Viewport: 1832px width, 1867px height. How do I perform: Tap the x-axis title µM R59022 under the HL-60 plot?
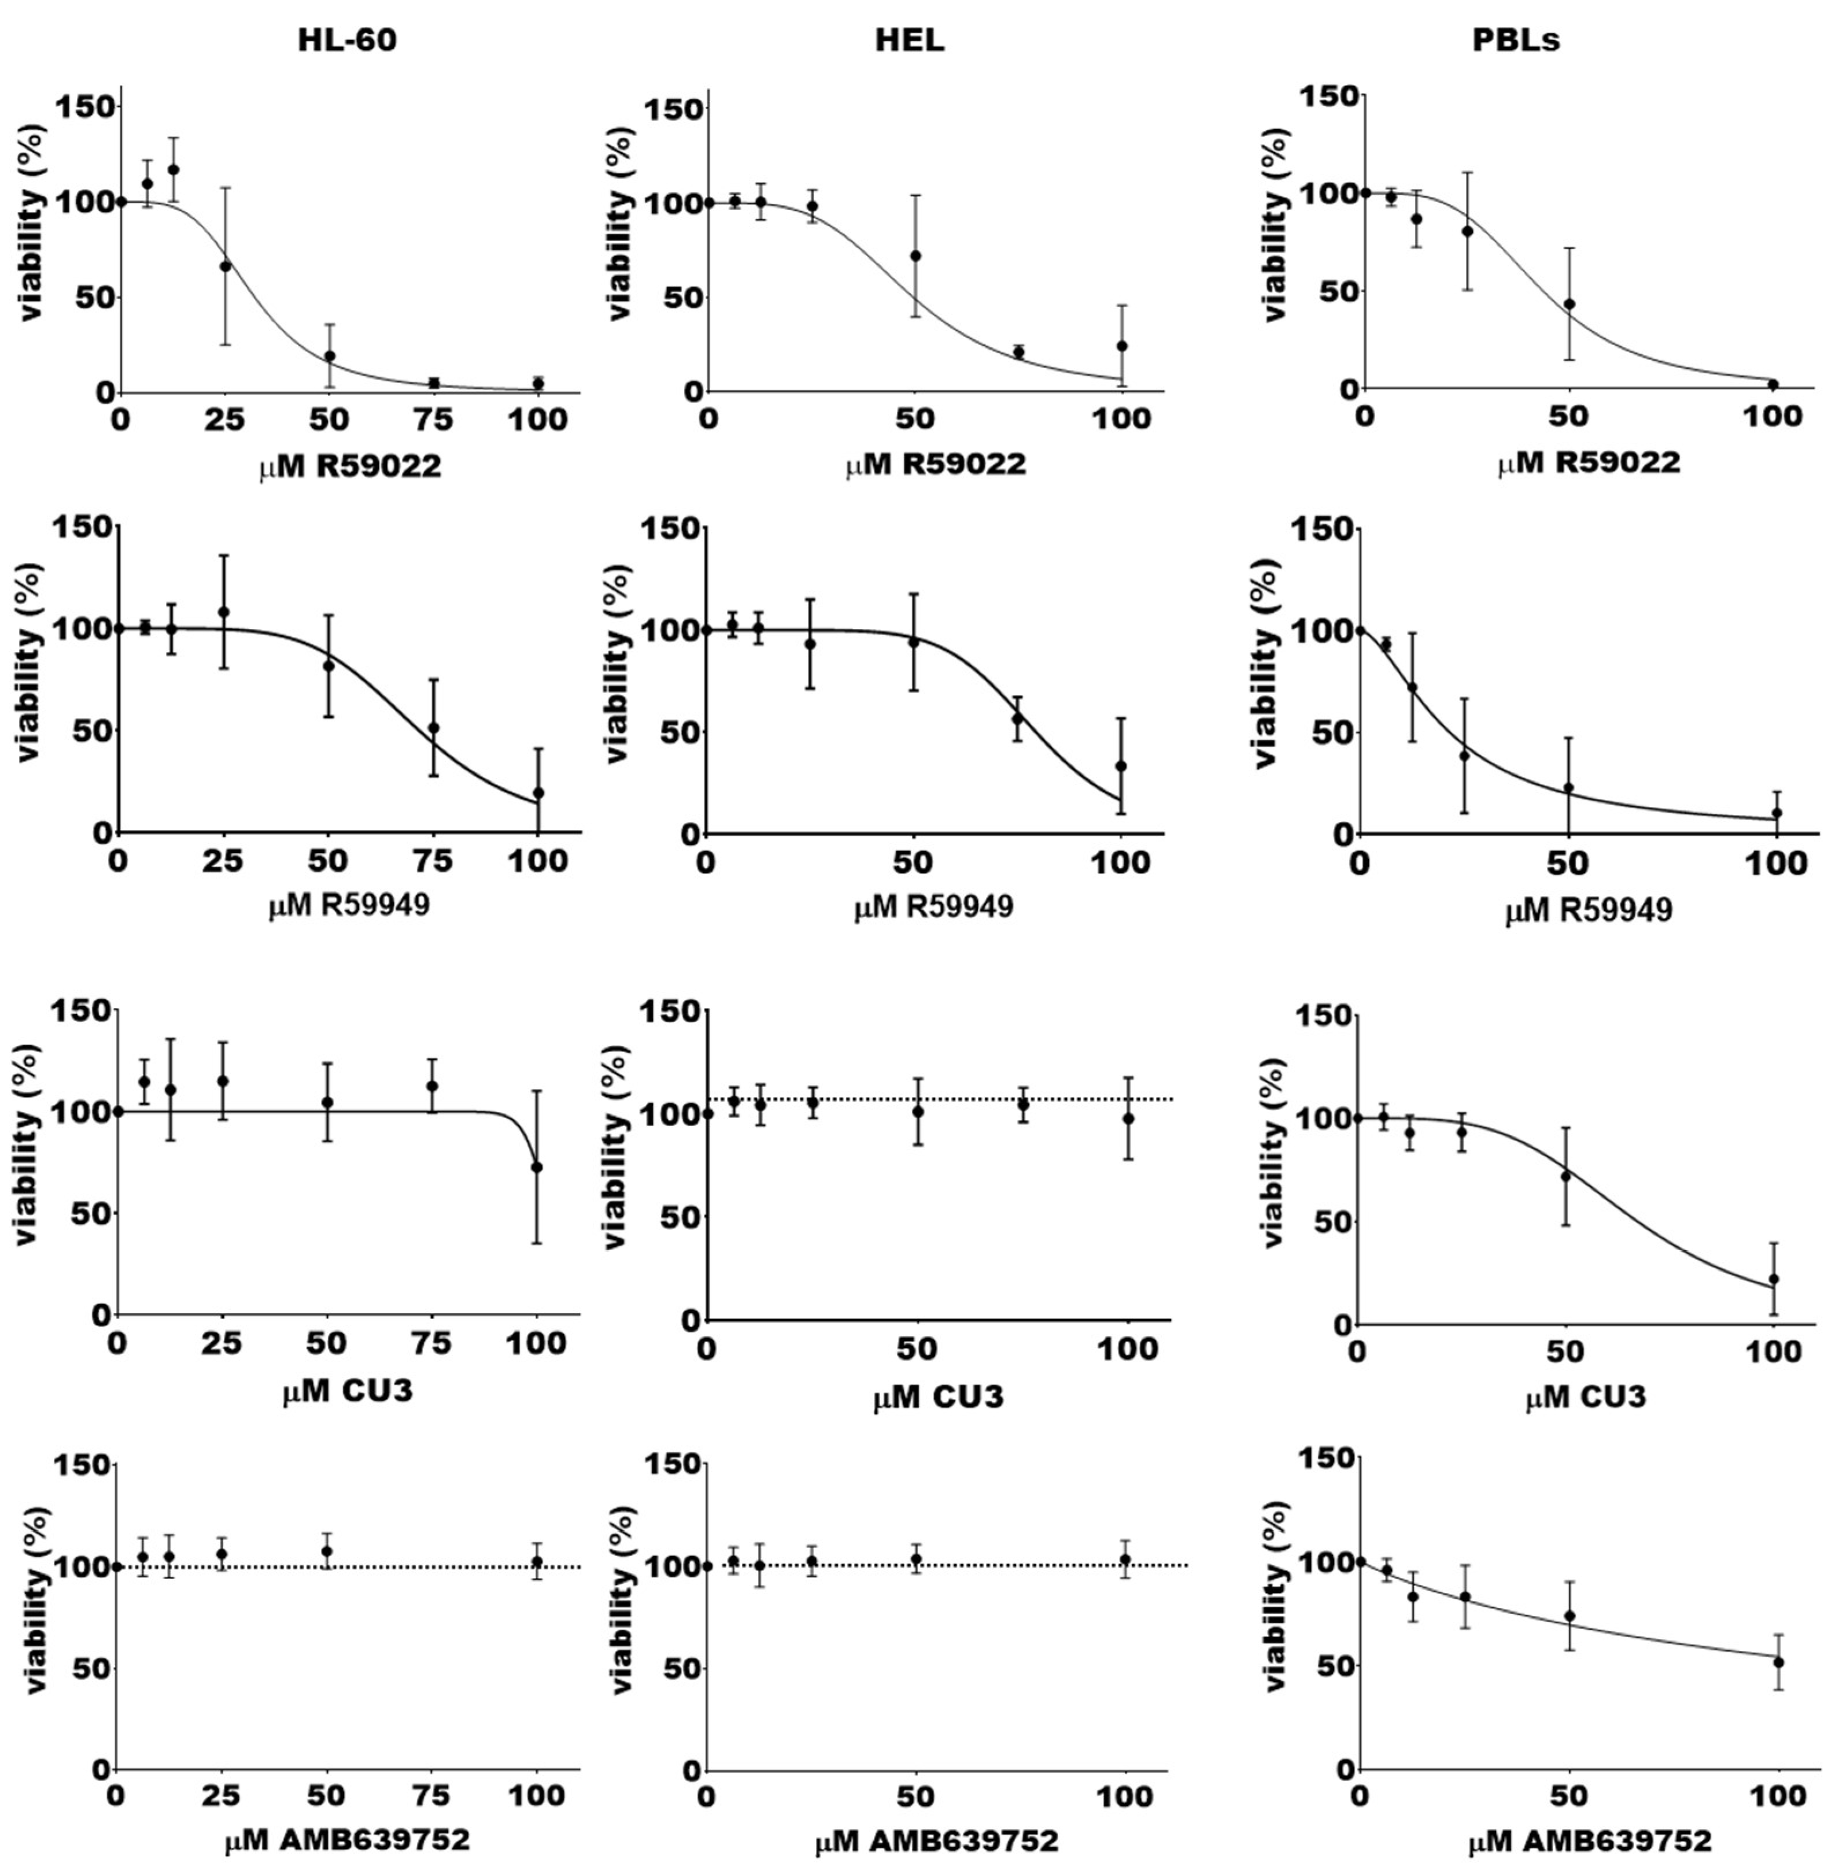click(350, 468)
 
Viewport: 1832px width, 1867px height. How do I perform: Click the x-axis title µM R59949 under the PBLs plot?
click(1587, 909)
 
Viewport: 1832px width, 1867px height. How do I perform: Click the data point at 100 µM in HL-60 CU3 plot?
click(537, 1167)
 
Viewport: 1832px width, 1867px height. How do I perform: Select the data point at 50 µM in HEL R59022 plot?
click(915, 256)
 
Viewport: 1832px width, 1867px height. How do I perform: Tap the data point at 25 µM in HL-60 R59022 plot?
click(225, 266)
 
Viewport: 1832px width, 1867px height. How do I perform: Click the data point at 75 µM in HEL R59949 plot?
click(1018, 718)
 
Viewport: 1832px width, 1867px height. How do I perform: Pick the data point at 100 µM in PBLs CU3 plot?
click(1774, 1279)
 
